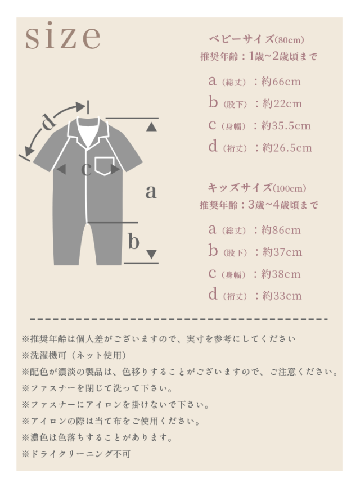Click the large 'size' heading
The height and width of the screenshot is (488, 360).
[63, 36]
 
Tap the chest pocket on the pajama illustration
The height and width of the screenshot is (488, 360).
[104, 166]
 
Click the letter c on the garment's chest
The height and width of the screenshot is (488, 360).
[86, 169]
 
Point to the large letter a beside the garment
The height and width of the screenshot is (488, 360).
[151, 191]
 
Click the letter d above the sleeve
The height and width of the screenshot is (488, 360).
[49, 121]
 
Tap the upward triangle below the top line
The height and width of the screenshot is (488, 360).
[151, 126]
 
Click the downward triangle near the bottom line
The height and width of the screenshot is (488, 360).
[152, 254]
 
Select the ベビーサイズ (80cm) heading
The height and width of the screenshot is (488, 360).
[256, 39]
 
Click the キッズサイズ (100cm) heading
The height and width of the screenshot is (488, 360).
[257, 188]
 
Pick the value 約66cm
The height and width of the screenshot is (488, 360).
[281, 82]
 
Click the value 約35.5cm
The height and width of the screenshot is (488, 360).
[286, 125]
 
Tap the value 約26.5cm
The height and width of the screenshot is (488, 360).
[287, 147]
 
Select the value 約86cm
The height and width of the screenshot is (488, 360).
[281, 230]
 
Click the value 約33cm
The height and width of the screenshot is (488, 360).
[282, 295]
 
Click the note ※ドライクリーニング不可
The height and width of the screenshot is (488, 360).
[76, 454]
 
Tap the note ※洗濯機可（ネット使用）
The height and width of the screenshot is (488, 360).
[74, 355]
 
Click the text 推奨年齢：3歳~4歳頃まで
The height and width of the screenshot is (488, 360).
[259, 205]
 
